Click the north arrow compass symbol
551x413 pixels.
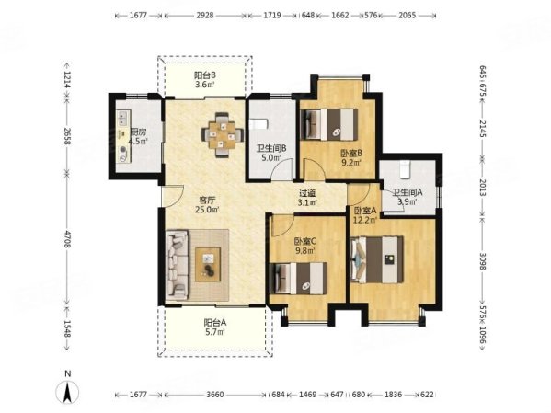pyautogui.click(x=67, y=391)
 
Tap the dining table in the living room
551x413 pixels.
pyautogui.click(x=222, y=134)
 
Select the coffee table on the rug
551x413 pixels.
pyautogui.click(x=208, y=264)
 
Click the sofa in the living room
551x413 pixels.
pyautogui.click(x=177, y=264)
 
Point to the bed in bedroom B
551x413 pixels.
pyautogui.click(x=329, y=124)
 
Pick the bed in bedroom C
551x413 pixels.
pyautogui.click(x=299, y=279)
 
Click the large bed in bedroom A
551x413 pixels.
pyautogui.click(x=377, y=259)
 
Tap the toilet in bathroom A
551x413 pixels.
pyautogui.click(x=405, y=168)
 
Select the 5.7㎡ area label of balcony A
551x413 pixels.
pyautogui.click(x=215, y=331)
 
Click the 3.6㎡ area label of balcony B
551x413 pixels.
pyautogui.click(x=205, y=85)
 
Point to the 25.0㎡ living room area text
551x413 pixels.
pyautogui.click(x=207, y=210)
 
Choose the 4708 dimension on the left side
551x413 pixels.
pyautogui.click(x=67, y=237)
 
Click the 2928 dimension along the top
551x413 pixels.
pyautogui.click(x=205, y=16)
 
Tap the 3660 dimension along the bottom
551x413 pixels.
pyautogui.click(x=214, y=395)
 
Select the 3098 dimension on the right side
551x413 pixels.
pyautogui.click(x=482, y=261)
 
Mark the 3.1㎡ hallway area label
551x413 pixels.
pyautogui.click(x=308, y=202)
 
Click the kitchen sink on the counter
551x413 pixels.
pyautogui.click(x=123, y=117)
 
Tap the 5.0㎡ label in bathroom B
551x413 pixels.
pyautogui.click(x=271, y=157)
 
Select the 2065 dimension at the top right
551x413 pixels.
pyautogui.click(x=407, y=16)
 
